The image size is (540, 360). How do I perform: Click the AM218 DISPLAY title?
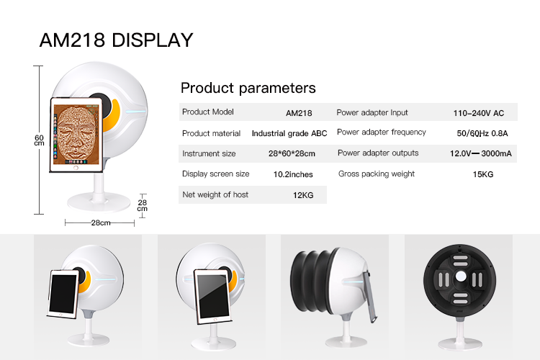coord(116,40)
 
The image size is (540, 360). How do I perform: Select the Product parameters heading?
coord(248,88)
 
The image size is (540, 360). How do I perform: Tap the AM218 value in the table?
coord(299,113)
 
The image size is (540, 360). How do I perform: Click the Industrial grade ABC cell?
coord(289,134)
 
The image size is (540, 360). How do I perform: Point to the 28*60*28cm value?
coord(292,153)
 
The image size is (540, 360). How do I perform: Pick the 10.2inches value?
coord(293,174)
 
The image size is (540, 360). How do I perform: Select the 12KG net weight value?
coord(303,195)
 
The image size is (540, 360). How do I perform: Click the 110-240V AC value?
coord(478,113)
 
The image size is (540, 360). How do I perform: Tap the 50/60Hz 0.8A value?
coord(482,133)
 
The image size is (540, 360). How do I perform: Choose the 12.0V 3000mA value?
coord(480,153)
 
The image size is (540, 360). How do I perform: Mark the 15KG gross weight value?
coord(483,174)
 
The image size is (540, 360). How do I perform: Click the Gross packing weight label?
coord(377,174)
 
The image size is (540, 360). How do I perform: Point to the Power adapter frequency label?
coord(382,132)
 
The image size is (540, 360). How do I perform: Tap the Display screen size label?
coord(215,174)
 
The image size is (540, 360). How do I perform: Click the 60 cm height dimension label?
coord(39,140)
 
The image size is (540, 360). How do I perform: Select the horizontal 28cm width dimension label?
coord(101,223)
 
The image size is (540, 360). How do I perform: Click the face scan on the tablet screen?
coord(76,134)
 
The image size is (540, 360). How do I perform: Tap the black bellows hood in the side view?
coord(311,281)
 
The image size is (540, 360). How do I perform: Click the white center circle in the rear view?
coord(461,276)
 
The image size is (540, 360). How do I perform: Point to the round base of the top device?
coord(99,202)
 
